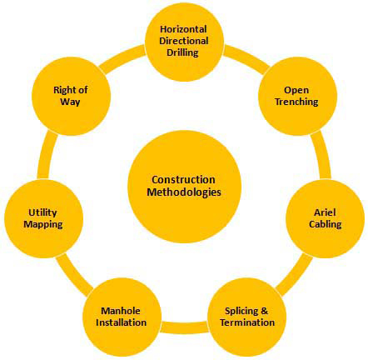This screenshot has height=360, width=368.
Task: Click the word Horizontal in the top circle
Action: pyautogui.click(x=183, y=29)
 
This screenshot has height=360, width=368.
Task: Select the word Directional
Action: pyautogui.click(x=184, y=41)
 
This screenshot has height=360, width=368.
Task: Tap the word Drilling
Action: pyautogui.click(x=182, y=52)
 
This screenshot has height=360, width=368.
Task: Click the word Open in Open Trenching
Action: pyautogui.click(x=296, y=91)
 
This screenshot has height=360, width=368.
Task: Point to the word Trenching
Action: pyautogui.click(x=296, y=102)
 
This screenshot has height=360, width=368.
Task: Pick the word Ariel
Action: pyautogui.click(x=325, y=212)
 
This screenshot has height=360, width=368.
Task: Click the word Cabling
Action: pyautogui.click(x=326, y=224)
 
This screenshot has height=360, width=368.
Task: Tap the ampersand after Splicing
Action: pyautogui.click(x=265, y=311)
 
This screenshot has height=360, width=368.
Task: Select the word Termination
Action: pyautogui.click(x=247, y=322)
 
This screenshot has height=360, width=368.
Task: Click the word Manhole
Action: pyautogui.click(x=121, y=311)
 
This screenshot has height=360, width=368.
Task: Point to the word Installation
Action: pyautogui.click(x=121, y=322)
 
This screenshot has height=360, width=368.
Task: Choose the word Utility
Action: pyautogui.click(x=42, y=212)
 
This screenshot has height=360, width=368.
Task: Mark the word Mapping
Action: pyautogui.click(x=43, y=224)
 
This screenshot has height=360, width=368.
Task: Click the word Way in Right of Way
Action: pyautogui.click(x=70, y=102)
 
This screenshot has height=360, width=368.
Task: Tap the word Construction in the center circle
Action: pyautogui.click(x=183, y=180)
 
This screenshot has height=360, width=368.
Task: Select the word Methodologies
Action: pyautogui.click(x=184, y=192)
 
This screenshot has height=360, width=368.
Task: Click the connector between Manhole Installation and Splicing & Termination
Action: pyautogui.click(x=184, y=327)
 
